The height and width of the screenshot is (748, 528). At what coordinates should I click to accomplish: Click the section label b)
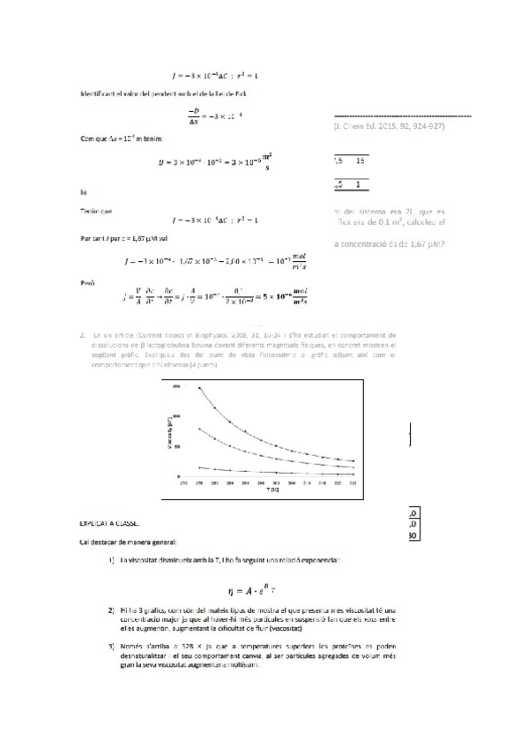click(83, 191)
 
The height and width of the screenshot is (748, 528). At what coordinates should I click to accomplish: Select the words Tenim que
click(95, 211)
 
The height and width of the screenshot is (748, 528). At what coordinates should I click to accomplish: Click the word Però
click(86, 283)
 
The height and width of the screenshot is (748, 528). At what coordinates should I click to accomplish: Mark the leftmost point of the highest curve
click(200, 387)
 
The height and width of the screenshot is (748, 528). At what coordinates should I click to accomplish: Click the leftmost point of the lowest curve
click(200, 467)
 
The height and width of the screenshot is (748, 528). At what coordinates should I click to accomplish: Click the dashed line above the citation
click(401, 116)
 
